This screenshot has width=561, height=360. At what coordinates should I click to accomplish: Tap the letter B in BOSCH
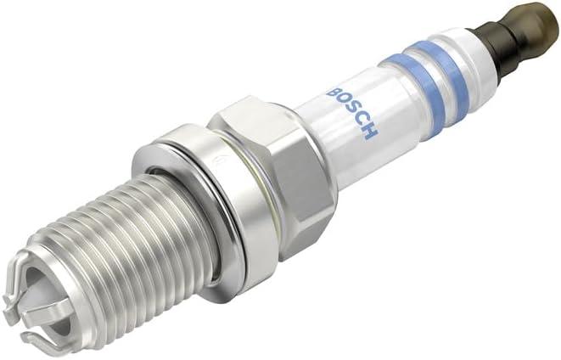pyautogui.click(x=333, y=92)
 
